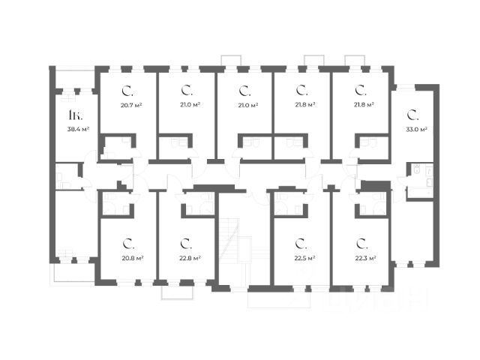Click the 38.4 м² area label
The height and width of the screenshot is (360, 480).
point(78,129)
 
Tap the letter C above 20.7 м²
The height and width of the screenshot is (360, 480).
point(128,91)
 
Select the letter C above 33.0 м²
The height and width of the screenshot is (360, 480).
point(412,115)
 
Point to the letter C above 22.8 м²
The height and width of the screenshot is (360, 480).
point(185,243)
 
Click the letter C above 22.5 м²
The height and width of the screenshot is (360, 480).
point(300,243)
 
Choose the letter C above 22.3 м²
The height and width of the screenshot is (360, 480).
point(361,243)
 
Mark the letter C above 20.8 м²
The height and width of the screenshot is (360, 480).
point(128,243)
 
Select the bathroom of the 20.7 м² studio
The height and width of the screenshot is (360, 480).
point(118,147)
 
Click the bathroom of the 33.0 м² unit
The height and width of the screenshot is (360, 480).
point(418,180)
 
